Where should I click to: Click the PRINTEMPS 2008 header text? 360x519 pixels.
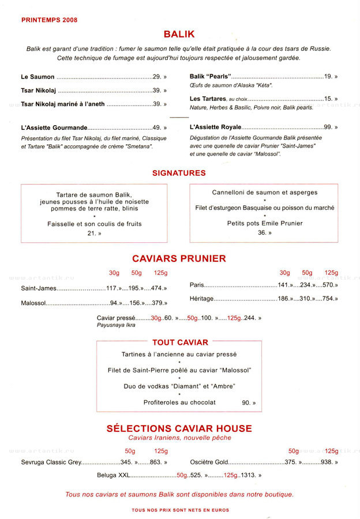tap(49, 20)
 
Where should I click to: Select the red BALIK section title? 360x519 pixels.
tap(179, 35)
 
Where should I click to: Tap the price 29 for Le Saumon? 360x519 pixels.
tap(156, 77)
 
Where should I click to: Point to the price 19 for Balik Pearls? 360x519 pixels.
tap(328, 76)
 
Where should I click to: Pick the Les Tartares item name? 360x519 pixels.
tap(208, 99)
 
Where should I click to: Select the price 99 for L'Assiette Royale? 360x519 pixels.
tap(328, 127)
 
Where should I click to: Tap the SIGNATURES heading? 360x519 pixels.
tap(179, 172)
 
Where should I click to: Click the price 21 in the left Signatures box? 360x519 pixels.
tap(91, 233)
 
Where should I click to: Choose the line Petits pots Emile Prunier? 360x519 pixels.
tap(265, 223)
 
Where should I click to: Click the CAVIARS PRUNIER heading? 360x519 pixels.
tap(179, 258)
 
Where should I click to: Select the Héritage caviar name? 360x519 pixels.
tap(202, 299)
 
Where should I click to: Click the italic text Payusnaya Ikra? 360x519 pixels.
tap(117, 325)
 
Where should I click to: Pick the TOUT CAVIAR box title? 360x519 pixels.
tap(180, 343)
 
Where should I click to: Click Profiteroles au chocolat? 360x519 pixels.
tap(179, 402)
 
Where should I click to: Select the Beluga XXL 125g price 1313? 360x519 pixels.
tap(248, 475)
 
